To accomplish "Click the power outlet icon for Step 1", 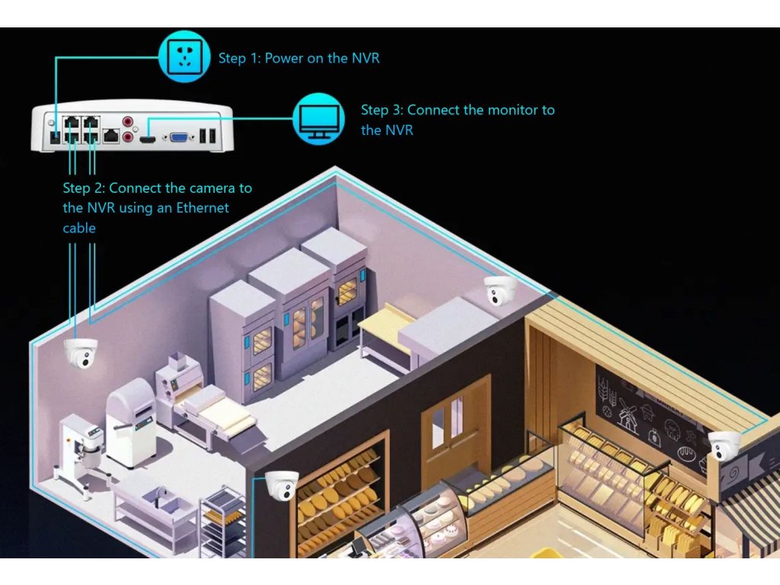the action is tap(184, 56).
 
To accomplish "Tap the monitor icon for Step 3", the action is tap(319, 119).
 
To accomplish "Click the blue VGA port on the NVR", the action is tap(181, 137).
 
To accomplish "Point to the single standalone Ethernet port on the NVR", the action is tap(111, 136).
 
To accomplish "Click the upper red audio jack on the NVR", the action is tap(128, 120).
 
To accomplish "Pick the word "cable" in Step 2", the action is tap(79, 228).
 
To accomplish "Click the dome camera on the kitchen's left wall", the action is tap(80, 352).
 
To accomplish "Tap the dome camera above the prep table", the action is tap(500, 290).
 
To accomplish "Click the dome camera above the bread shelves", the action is tap(281, 485).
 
